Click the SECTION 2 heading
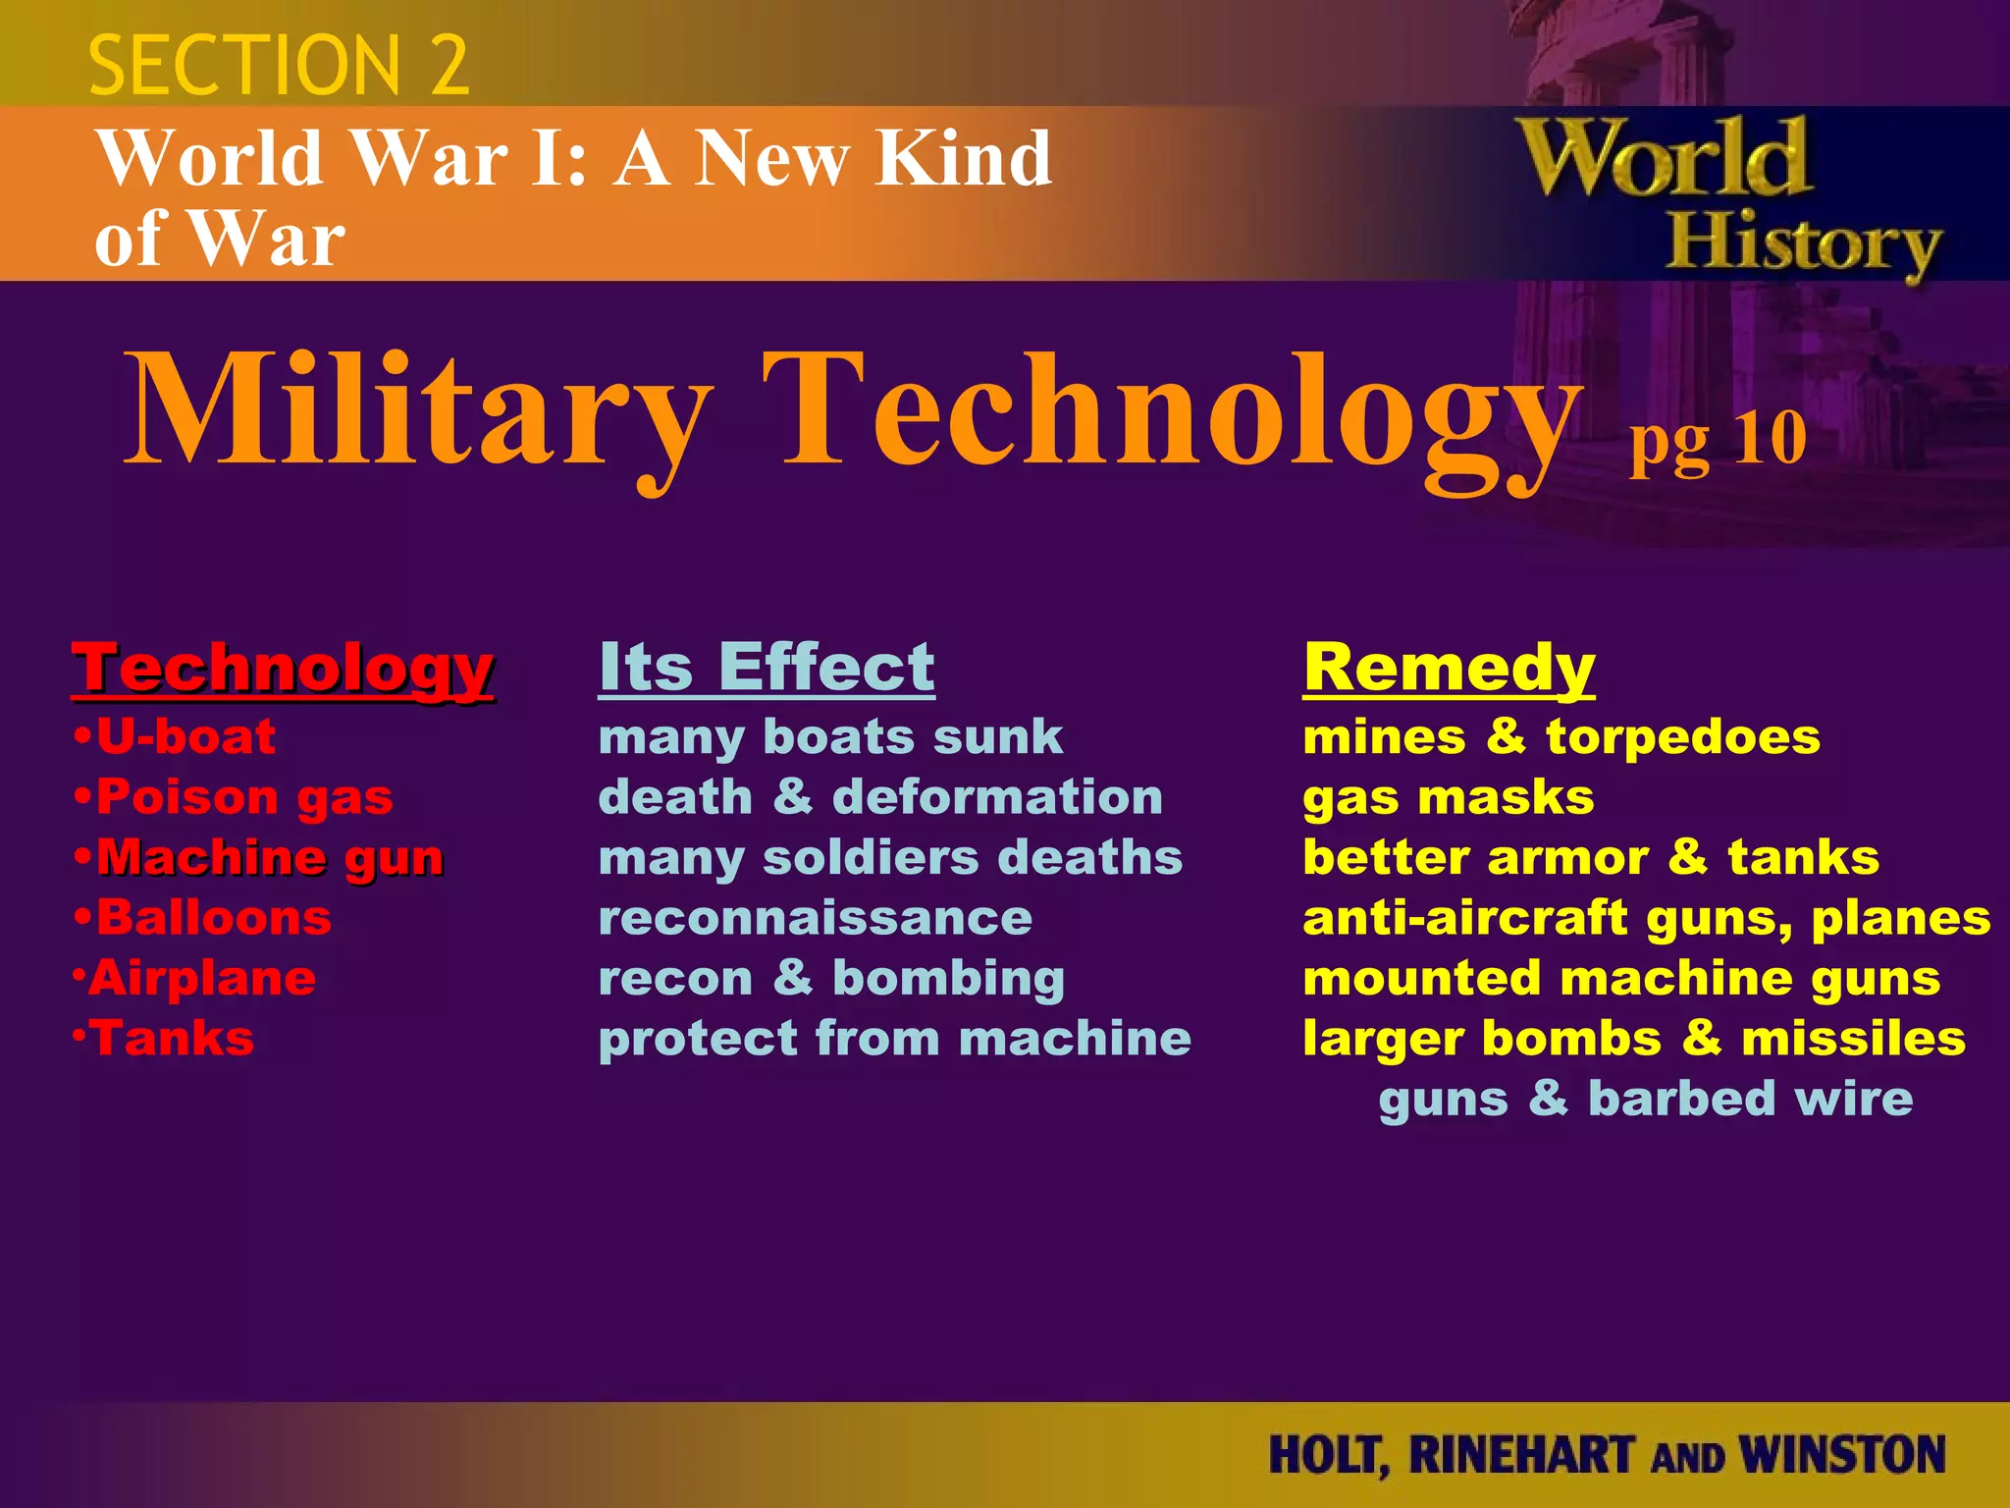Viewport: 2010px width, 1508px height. click(x=279, y=66)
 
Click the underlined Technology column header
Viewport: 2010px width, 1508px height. click(x=283, y=669)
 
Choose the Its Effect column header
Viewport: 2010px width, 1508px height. click(x=767, y=668)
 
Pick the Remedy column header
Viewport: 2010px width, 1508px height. click(x=1449, y=669)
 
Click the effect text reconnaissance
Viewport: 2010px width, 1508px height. click(x=815, y=919)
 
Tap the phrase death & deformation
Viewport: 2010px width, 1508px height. click(x=880, y=797)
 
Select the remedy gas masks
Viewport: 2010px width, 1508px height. click(x=1448, y=798)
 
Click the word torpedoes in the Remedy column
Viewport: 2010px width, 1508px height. click(x=1682, y=737)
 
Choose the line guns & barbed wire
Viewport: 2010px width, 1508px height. click(x=1645, y=1099)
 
